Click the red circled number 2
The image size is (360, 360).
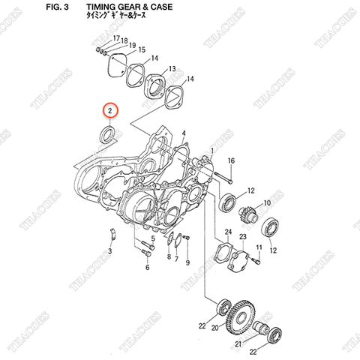110,112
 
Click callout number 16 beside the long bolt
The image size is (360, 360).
231,161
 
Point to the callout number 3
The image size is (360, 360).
109,250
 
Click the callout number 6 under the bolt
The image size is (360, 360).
148,266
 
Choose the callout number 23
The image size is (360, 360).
242,236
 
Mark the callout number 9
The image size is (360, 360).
188,264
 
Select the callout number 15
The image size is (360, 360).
142,49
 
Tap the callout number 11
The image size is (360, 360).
259,247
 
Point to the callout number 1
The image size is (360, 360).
212,151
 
